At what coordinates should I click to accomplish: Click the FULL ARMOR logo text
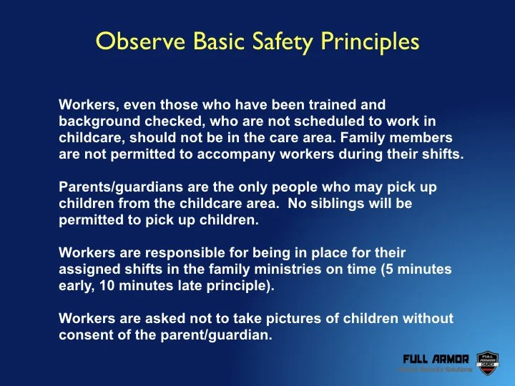pyautogui.click(x=436, y=358)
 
